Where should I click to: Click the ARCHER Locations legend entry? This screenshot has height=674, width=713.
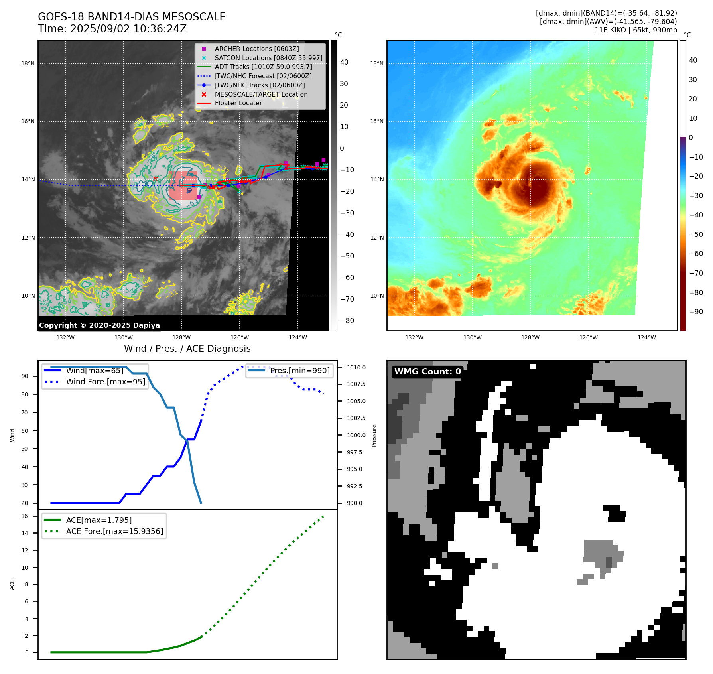(256, 49)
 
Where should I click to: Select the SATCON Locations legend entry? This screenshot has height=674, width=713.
(268, 58)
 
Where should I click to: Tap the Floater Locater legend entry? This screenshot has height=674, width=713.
(238, 103)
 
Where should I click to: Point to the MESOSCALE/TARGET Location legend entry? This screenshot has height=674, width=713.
(261, 94)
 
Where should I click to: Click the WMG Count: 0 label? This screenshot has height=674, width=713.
(427, 372)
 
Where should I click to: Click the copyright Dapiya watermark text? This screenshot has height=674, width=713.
(99, 325)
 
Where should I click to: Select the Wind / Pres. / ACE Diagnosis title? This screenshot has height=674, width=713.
(187, 349)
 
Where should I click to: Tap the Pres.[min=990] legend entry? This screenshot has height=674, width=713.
(300, 371)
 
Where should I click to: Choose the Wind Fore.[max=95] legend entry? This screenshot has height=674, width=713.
(105, 382)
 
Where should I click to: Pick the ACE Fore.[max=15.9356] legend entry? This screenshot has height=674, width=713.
(114, 531)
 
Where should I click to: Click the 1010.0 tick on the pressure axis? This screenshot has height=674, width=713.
(356, 367)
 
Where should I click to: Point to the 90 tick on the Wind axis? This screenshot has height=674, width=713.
(25, 376)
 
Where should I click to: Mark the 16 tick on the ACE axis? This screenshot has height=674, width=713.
(25, 516)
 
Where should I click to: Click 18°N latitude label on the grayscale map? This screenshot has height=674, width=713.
(28, 63)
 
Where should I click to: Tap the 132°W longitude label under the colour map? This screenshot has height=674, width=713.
(414, 337)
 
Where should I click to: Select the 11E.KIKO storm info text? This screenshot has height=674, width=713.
(635, 30)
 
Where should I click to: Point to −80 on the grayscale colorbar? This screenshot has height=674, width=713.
(347, 321)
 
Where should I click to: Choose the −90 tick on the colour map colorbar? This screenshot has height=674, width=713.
(696, 312)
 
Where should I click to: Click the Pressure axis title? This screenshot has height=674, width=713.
(374, 436)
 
